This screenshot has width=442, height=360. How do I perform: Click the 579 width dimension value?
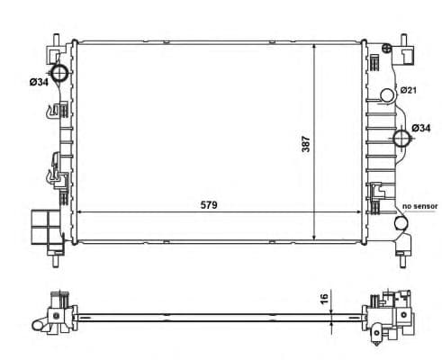[x=210, y=204]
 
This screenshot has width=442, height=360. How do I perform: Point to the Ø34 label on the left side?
[x=39, y=83]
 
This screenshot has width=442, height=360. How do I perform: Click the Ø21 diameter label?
[x=407, y=91]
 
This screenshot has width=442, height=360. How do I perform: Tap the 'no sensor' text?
[x=419, y=206]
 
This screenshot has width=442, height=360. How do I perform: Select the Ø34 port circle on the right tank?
[x=402, y=138]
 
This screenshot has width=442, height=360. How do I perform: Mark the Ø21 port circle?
[x=388, y=93]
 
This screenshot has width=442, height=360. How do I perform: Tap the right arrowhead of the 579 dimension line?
[x=361, y=212]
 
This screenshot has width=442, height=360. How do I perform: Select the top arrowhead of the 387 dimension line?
[x=313, y=44]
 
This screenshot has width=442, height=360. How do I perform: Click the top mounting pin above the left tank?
[x=57, y=40]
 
